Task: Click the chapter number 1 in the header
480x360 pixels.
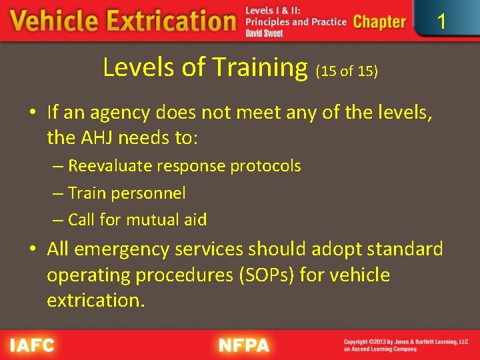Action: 441,22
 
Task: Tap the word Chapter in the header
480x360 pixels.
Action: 379,22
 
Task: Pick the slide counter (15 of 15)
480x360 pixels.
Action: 347,71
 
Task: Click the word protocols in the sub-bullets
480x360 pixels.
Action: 265,166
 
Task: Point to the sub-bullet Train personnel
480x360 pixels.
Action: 119,193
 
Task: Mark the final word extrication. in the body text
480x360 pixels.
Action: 95,300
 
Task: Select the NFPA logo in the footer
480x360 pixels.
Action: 244,345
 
